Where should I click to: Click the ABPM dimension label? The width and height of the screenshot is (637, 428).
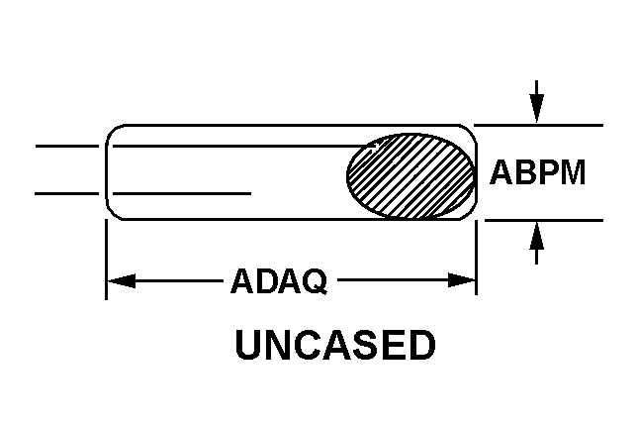537,172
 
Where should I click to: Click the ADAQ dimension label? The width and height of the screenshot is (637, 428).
279,280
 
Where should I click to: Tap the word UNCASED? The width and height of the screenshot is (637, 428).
335,345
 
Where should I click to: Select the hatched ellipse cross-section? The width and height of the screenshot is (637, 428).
410,175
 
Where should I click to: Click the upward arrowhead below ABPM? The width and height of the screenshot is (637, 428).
537,237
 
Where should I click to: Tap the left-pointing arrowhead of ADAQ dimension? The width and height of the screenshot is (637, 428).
121,280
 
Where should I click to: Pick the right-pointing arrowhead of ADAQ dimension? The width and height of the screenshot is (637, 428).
462,280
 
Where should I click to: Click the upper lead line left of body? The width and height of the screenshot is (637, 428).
67,146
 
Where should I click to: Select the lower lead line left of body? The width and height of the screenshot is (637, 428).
67,193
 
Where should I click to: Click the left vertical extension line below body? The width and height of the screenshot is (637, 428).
106,260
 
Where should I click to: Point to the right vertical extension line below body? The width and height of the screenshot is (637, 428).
476,258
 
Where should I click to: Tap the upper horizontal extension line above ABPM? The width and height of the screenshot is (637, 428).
539,125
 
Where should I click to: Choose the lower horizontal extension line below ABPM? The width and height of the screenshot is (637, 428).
544,221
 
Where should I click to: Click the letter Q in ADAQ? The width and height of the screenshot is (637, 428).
315,281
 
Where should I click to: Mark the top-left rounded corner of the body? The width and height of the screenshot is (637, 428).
112,131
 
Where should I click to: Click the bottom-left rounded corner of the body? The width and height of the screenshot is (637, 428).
112,214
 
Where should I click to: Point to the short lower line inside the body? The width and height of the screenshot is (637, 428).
182,193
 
